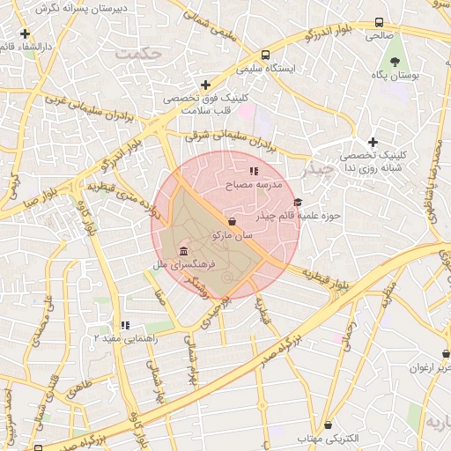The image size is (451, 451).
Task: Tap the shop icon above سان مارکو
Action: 232,221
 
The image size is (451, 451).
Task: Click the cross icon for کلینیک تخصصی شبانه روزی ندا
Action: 373,141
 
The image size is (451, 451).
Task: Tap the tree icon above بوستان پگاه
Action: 394,62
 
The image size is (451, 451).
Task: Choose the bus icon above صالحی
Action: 379,23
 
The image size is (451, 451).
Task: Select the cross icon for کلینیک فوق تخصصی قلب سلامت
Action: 205,85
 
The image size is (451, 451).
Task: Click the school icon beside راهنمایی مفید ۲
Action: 124,325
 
